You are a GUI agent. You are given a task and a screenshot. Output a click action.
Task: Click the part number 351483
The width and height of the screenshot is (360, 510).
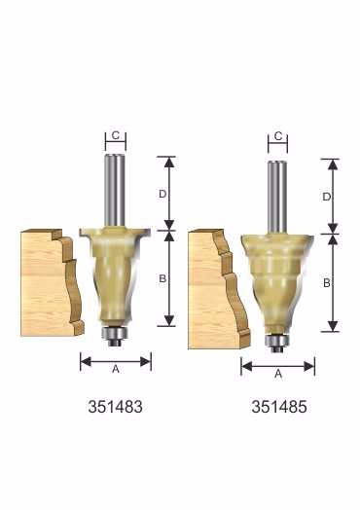tap(115, 407)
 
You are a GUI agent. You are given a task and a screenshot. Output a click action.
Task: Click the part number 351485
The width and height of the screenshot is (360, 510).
tap(279, 407)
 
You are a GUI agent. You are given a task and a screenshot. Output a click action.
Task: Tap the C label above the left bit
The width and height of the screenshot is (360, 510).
tap(116, 135)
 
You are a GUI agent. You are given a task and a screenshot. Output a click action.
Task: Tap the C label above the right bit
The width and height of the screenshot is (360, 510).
tap(278, 136)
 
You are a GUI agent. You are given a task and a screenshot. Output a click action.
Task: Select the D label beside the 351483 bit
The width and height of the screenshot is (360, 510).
tap(162, 194)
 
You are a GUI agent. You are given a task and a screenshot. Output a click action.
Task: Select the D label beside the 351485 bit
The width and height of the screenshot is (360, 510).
tap(327, 197)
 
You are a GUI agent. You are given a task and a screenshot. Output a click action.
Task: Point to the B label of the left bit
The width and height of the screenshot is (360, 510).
tap(162, 278)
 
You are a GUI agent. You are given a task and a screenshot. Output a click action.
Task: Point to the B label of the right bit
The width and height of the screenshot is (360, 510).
tap(327, 283)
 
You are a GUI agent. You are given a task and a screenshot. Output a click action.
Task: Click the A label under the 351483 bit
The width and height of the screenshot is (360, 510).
tap(116, 369)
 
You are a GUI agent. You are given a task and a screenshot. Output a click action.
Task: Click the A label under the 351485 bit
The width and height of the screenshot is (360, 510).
tap(278, 374)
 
